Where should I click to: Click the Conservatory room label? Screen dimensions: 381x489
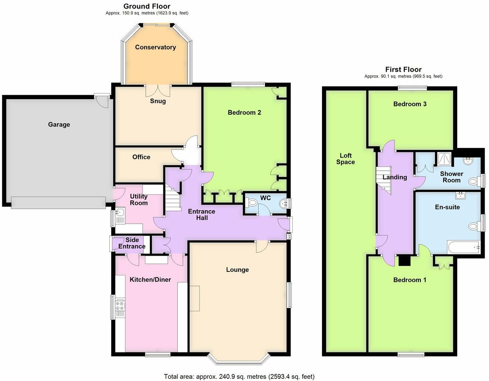(x=155, y=47)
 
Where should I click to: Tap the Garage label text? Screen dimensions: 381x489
(x=59, y=125)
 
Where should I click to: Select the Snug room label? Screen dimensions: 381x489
(x=158, y=101)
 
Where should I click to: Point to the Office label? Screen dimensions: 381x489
(x=141, y=157)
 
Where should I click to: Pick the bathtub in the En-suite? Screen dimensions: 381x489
(x=464, y=247)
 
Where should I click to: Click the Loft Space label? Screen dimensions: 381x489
(x=345, y=159)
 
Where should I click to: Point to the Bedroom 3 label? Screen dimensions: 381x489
(x=410, y=104)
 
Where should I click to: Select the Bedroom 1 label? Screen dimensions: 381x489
(x=410, y=280)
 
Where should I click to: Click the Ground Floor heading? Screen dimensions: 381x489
(x=147, y=6)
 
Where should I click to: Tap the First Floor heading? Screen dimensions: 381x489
(x=403, y=69)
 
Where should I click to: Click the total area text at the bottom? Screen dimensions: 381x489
(x=239, y=377)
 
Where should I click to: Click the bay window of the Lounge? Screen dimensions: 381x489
(x=239, y=358)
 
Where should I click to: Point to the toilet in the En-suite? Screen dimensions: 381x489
(x=473, y=226)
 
